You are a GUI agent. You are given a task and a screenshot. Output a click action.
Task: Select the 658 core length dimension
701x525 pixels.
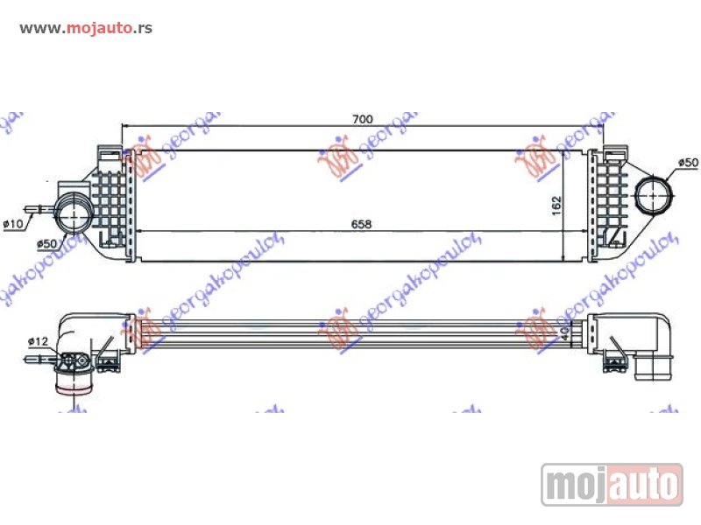361,224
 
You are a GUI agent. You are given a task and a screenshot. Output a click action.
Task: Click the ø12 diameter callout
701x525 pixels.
37,340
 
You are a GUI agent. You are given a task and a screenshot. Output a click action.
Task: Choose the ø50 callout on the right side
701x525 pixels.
689,164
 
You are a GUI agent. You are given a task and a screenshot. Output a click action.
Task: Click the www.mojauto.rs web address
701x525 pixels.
86,28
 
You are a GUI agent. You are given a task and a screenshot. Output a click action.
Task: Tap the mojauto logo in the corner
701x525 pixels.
612,484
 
